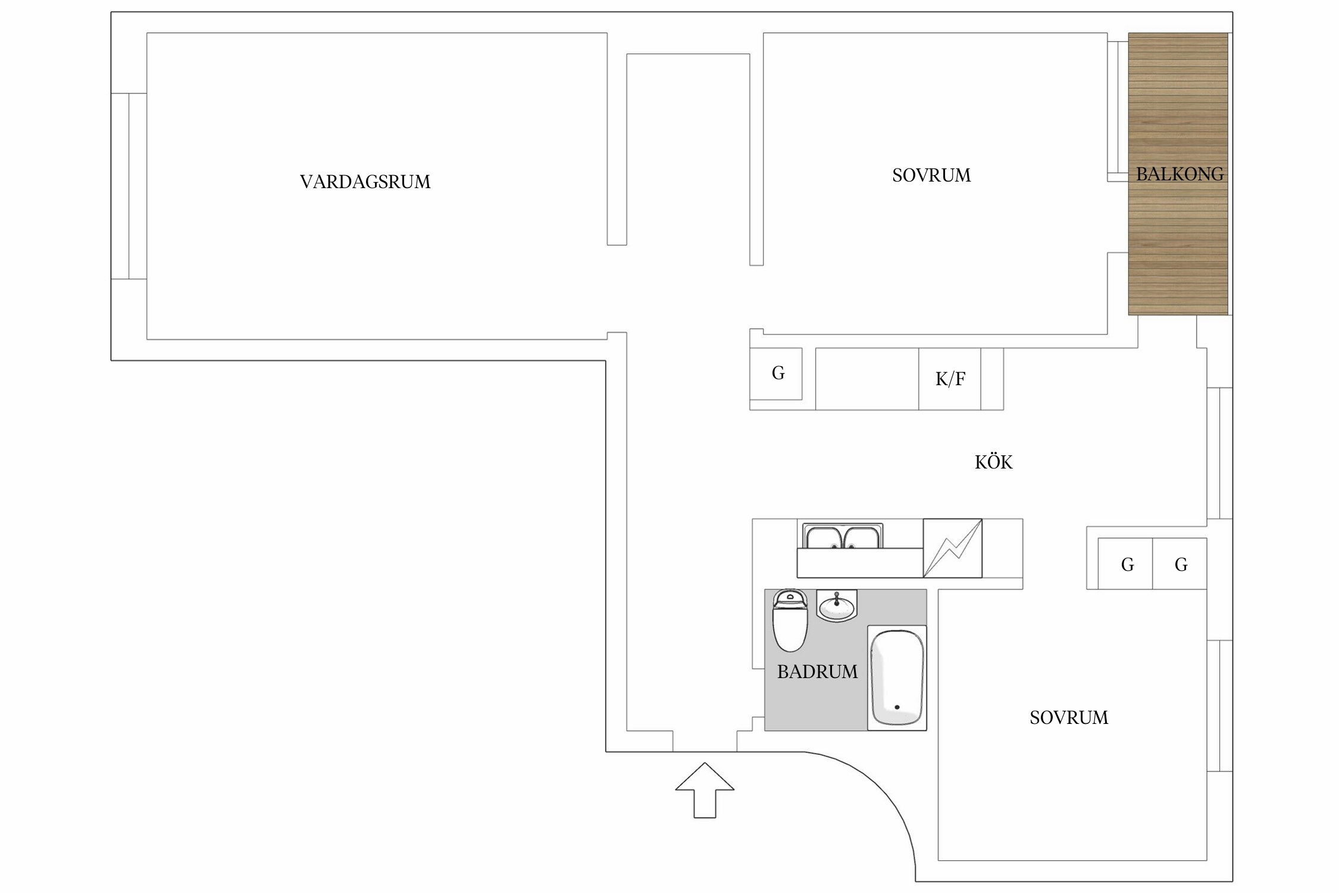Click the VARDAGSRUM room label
pyautogui.click(x=365, y=182)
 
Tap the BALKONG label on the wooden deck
pyautogui.click(x=1180, y=174)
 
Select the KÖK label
pyautogui.click(x=993, y=463)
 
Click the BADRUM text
pyautogui.click(x=817, y=672)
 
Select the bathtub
pyautogui.click(x=897, y=677)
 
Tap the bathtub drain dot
pyautogui.click(x=897, y=707)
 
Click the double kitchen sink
pyautogui.click(x=842, y=538)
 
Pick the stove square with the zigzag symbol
pyautogui.click(x=952, y=548)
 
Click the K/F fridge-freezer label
pyautogui.click(x=950, y=379)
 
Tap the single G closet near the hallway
pyautogui.click(x=777, y=374)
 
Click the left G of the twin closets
pyautogui.click(x=1127, y=565)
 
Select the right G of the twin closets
pyautogui.click(x=1181, y=565)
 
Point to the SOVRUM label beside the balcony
pyautogui.click(x=931, y=176)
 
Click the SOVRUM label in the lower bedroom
pyautogui.click(x=1069, y=718)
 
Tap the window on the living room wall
pyautogui.click(x=129, y=186)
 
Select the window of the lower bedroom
pyautogui.click(x=1219, y=706)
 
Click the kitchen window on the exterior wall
pyautogui.click(x=1219, y=453)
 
